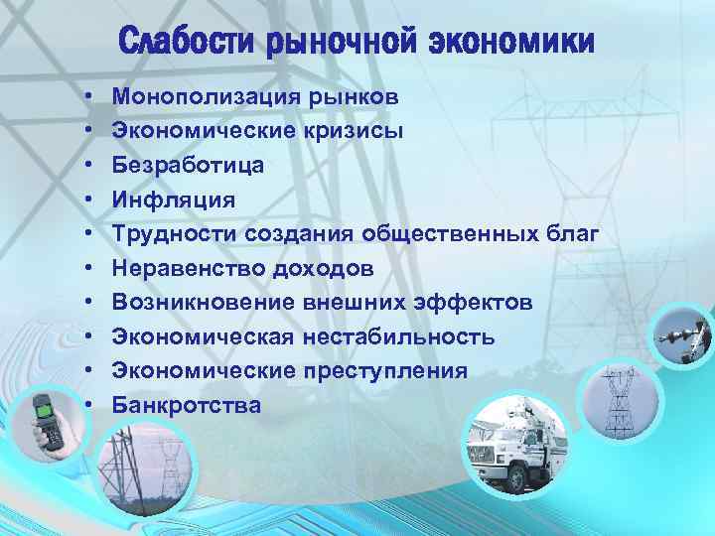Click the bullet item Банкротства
[x=187, y=405]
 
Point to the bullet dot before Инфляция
[x=89, y=200]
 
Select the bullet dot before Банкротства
[x=89, y=405]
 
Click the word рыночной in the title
[x=343, y=43]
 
